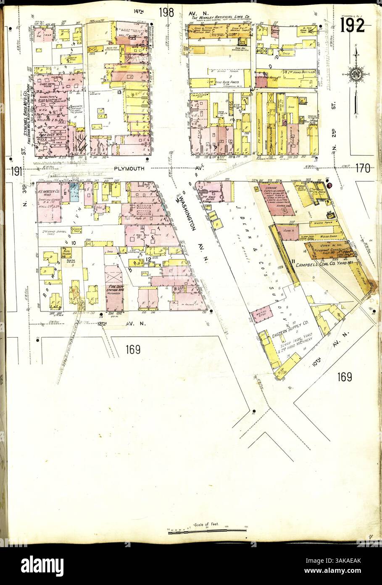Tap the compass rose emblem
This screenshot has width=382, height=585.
[x=356, y=75]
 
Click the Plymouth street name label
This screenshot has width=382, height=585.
[x=129, y=168]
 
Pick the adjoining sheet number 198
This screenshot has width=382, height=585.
[x=166, y=13]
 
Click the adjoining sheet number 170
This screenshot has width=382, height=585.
[x=361, y=169]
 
